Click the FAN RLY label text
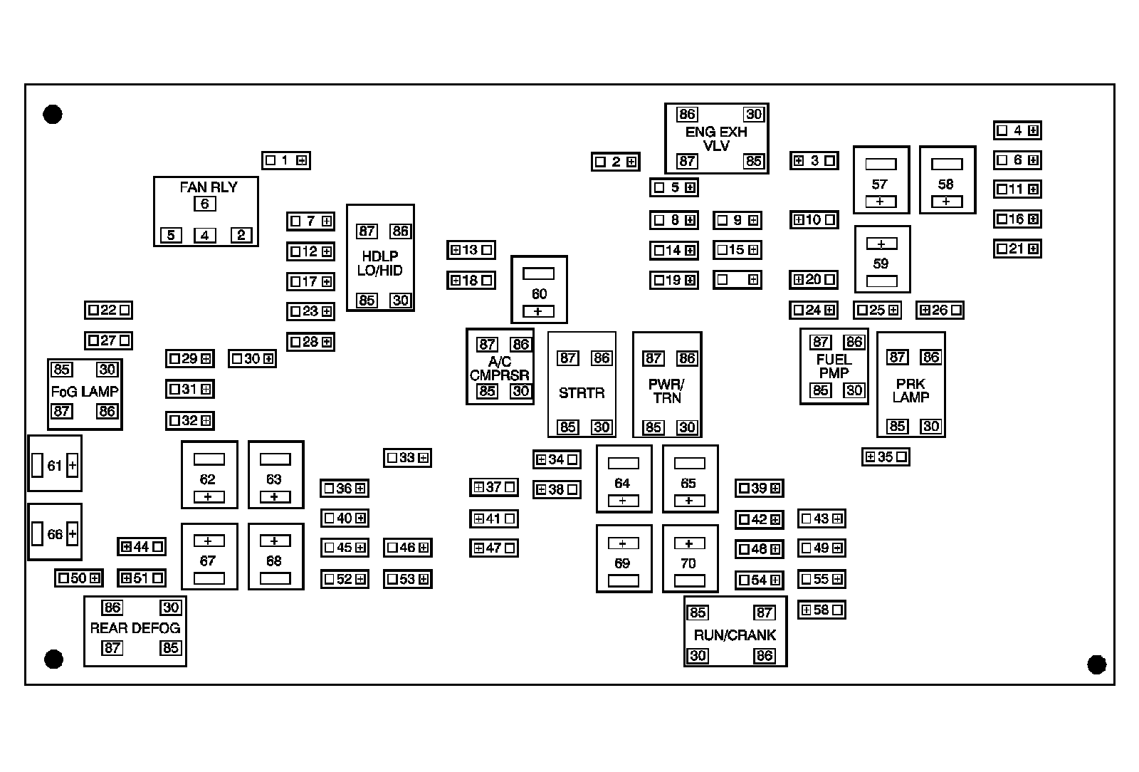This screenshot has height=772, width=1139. point(208,187)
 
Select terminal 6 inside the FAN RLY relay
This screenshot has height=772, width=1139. point(205,204)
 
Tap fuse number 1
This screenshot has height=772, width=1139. point(285,160)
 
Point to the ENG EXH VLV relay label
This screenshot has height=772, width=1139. point(716,139)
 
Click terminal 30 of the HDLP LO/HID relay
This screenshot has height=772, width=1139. point(401,301)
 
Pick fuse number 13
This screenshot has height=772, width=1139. point(471,250)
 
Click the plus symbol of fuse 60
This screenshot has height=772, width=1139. point(538,312)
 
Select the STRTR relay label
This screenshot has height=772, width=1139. point(582,392)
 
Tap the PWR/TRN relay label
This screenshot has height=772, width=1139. point(666,391)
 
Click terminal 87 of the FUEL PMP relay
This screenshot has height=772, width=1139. point(821,343)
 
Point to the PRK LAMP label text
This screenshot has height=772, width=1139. point(910,390)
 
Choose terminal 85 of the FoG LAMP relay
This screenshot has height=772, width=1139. point(62,370)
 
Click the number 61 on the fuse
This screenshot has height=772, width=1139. point(55,466)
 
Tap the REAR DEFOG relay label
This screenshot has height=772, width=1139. point(135,628)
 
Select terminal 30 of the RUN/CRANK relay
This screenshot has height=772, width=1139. point(698,655)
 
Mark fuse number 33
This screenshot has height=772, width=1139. point(407,458)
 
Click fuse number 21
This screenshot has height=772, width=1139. point(1017,249)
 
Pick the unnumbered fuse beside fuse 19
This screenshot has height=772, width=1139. point(738,280)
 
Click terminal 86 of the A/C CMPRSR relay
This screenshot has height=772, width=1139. point(521,345)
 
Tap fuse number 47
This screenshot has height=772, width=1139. point(493,548)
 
